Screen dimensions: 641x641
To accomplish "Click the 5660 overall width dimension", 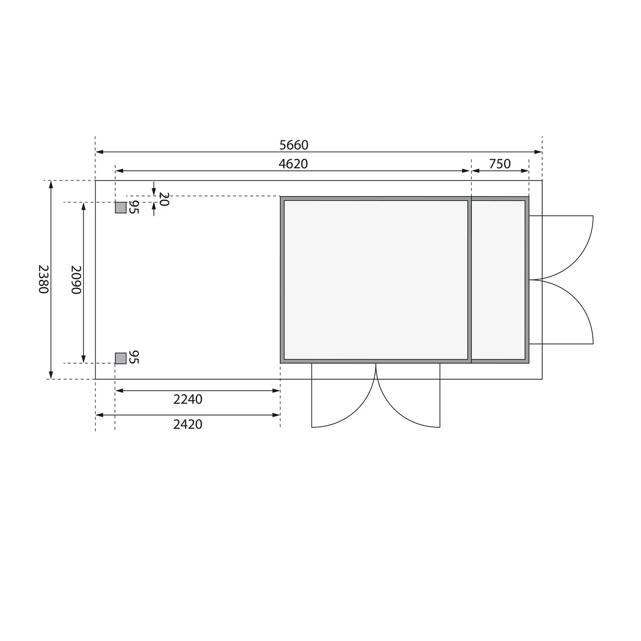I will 294,145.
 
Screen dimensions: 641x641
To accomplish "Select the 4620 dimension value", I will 293,163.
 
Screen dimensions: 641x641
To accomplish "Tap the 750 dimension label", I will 499,163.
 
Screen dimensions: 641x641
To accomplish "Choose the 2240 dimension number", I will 188,398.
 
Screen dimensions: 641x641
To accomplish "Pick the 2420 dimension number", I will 188,424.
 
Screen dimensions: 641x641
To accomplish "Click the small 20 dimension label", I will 163,199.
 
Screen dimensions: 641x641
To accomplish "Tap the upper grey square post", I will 121,208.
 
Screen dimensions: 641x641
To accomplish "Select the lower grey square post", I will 121,358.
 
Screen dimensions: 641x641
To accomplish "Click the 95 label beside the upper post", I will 134,207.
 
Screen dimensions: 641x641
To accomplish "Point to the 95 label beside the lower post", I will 134,357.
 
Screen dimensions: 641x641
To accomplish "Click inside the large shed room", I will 376,279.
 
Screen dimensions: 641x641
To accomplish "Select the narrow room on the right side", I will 498,279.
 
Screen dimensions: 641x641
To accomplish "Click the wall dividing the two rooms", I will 470,279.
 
